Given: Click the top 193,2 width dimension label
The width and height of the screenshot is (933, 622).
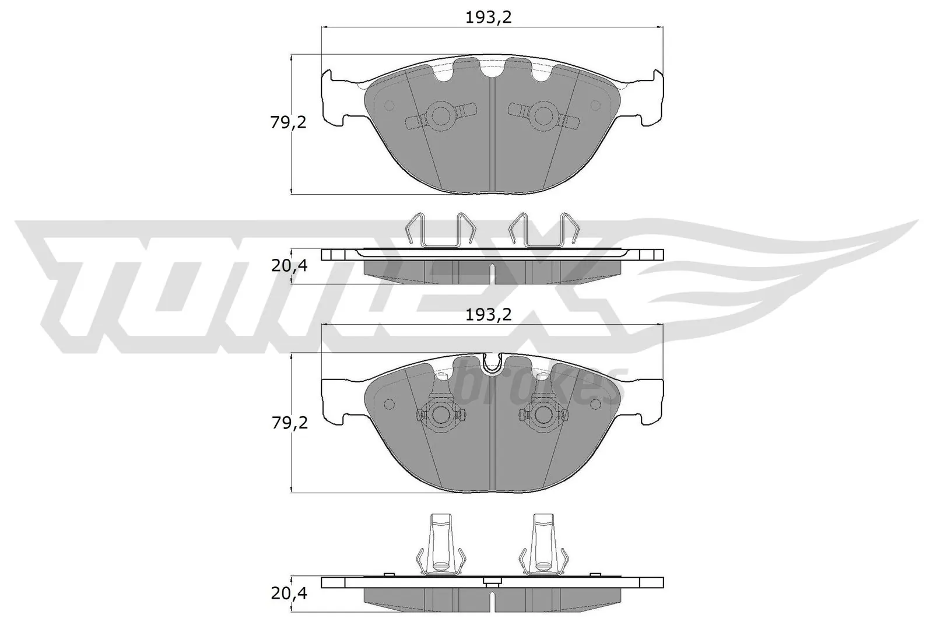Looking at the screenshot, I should click(x=488, y=17).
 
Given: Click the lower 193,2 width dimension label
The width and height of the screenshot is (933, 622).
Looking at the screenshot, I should click(x=488, y=315).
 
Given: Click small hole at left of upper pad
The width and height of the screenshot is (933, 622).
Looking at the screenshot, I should click(x=390, y=106).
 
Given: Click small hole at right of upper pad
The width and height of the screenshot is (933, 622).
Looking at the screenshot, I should click(x=595, y=106).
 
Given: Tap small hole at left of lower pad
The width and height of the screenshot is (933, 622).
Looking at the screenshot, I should click(x=390, y=404).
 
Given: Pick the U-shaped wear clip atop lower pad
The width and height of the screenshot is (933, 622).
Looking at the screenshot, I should click(x=493, y=362).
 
